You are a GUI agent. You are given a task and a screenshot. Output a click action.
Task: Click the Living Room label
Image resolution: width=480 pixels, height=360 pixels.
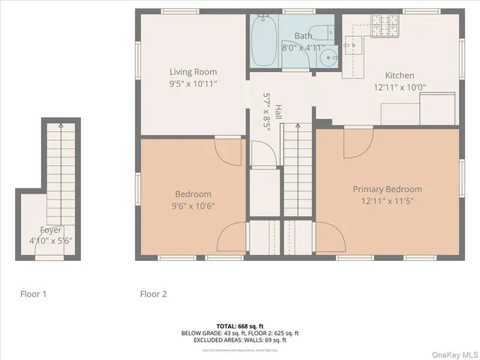pyautogui.click(x=193, y=72)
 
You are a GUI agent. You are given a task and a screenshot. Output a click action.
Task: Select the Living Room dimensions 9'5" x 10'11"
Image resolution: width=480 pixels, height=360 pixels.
pyautogui.click(x=193, y=84)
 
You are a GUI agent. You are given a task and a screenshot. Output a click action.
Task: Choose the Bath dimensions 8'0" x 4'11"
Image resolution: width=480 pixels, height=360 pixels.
pyautogui.click(x=303, y=46)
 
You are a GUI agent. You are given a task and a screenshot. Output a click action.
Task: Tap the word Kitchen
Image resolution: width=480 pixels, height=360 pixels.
pyautogui.click(x=399, y=75)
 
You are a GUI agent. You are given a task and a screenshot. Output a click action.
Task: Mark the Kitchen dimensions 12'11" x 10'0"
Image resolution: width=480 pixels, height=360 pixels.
pyautogui.click(x=399, y=87)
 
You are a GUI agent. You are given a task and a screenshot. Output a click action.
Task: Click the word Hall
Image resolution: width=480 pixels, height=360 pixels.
pyautogui.click(x=278, y=112)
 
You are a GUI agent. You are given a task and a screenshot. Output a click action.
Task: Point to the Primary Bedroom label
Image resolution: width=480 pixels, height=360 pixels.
pyautogui.click(x=387, y=189)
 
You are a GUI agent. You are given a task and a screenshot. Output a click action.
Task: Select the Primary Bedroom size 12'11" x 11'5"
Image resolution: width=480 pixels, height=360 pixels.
pyautogui.click(x=387, y=202)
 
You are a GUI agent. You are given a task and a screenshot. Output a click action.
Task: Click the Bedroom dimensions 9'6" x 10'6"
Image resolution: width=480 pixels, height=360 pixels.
pyautogui.click(x=193, y=206)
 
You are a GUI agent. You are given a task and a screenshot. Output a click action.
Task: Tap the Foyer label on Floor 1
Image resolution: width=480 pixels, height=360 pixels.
pyautogui.click(x=51, y=229)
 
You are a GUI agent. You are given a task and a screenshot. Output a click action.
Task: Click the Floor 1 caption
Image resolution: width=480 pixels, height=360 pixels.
pyautogui.click(x=33, y=294)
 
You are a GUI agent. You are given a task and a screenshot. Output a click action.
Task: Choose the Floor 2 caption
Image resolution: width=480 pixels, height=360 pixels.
pyautogui.click(x=153, y=294)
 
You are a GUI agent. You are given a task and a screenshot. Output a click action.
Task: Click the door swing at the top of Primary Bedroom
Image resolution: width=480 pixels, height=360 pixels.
pyautogui.click(x=356, y=142)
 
